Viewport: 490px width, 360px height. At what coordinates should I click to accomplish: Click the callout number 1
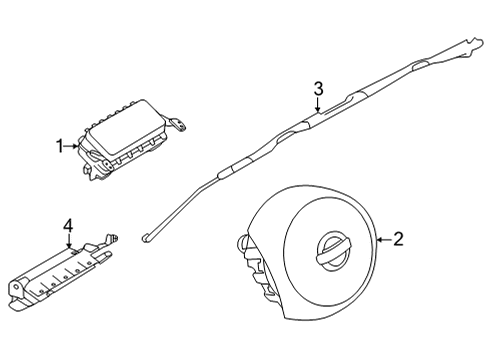point(59,146)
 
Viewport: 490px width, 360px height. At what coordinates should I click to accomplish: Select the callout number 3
point(318,89)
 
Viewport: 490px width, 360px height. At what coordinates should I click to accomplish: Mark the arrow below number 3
point(318,107)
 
